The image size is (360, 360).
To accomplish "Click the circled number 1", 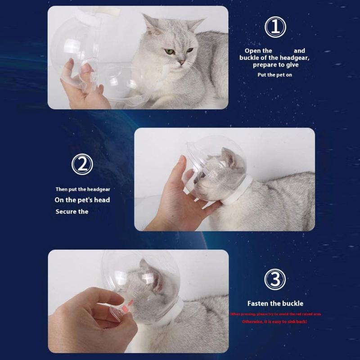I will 275,27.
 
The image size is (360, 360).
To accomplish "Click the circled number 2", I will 83,165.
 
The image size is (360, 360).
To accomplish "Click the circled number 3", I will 275,280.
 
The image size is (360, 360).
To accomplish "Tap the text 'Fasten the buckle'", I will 275,303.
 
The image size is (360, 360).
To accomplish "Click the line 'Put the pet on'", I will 274,75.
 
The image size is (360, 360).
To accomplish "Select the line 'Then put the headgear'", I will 83,189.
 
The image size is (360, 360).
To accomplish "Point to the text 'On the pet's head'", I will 82,200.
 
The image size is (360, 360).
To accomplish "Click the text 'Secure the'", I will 72,211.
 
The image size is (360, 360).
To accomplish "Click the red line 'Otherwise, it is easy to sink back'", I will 275,322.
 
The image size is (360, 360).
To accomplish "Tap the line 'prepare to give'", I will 275,65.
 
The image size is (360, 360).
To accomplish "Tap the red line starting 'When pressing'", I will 275,314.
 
